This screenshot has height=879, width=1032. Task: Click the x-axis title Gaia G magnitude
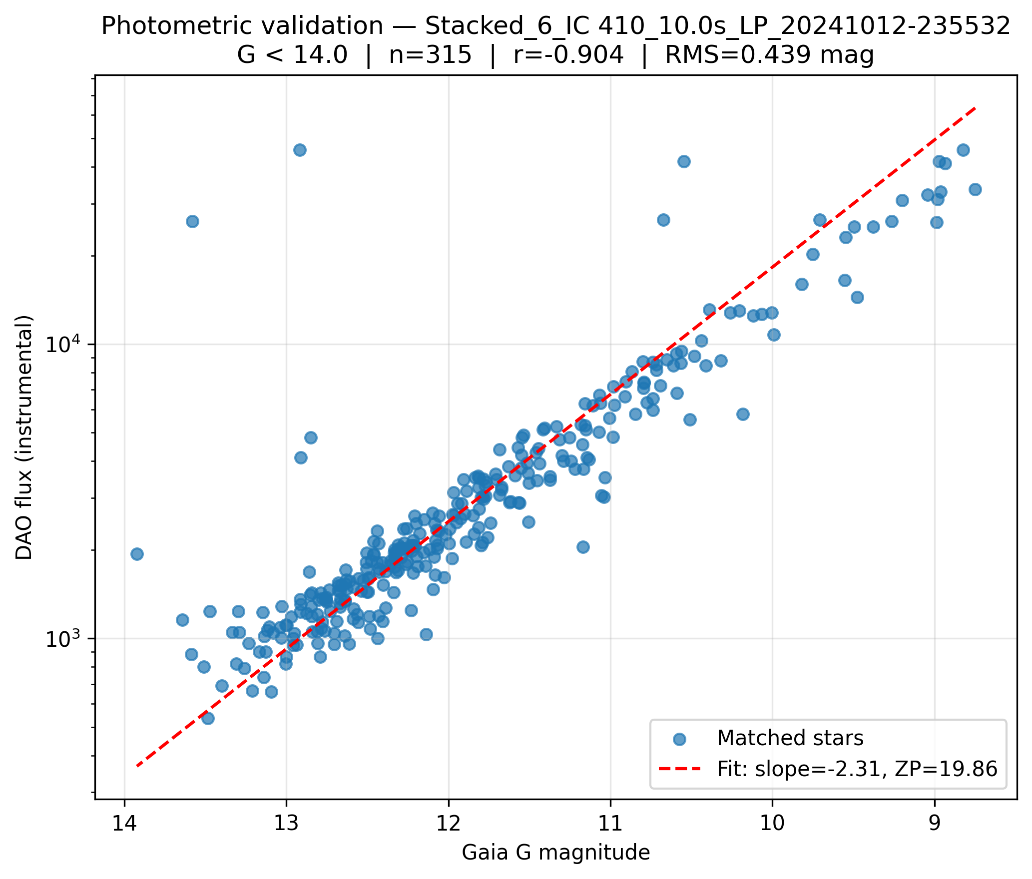[556, 853]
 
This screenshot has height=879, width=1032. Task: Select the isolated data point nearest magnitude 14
[137, 554]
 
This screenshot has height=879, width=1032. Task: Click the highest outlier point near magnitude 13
[300, 150]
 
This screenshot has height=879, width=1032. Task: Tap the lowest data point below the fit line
[208, 718]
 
